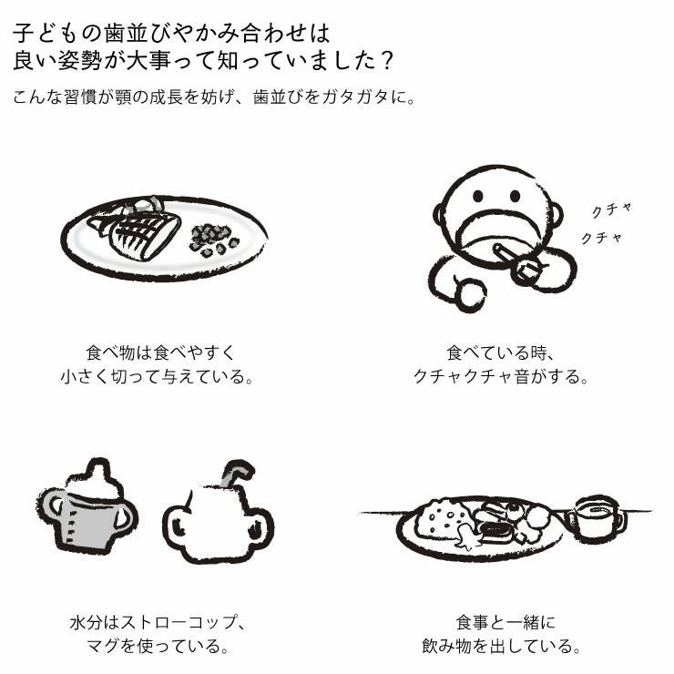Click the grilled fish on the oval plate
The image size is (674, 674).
point(141,232)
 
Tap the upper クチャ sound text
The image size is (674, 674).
point(611,210)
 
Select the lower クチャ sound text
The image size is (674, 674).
point(602,238)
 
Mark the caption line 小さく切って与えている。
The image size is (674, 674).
point(156,375)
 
